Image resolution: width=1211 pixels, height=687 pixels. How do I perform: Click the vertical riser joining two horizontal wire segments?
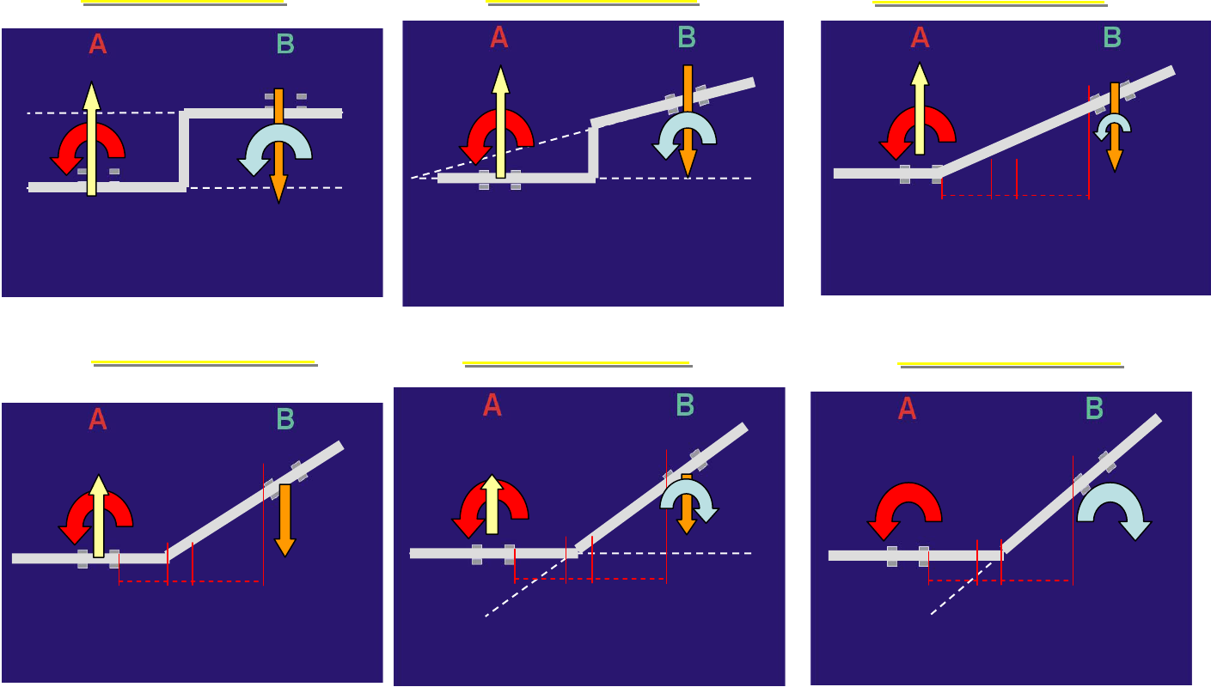pyautogui.click(x=183, y=149)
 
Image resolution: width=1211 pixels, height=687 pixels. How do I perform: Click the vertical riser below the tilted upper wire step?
pyautogui.click(x=593, y=153)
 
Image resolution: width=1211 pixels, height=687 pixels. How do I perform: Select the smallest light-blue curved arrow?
pyautogui.click(x=1113, y=125)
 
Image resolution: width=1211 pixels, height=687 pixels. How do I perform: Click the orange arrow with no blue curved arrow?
pyautogui.click(x=285, y=520)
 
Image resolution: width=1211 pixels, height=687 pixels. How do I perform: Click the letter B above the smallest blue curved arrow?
pyautogui.click(x=1112, y=38)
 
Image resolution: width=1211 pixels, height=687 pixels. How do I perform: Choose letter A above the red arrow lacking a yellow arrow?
pyautogui.click(x=907, y=410)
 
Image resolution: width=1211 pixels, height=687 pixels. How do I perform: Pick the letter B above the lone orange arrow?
pyautogui.click(x=285, y=419)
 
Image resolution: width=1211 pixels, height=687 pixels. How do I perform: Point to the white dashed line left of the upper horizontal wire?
pyautogui.click(x=103, y=112)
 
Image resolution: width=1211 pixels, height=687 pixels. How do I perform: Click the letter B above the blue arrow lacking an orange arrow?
pyautogui.click(x=1094, y=410)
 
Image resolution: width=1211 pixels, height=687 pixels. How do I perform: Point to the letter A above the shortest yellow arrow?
pyautogui.click(x=492, y=405)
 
